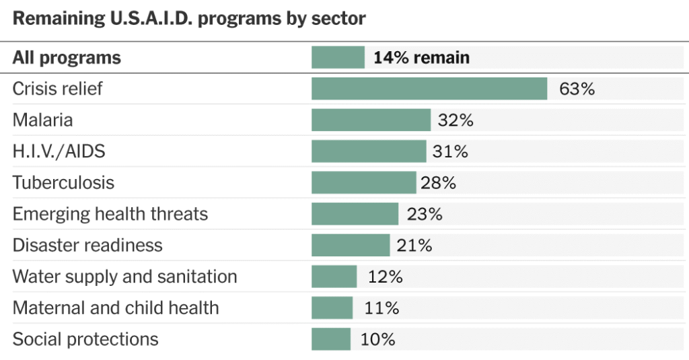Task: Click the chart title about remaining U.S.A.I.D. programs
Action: [189, 18]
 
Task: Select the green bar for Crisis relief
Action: [429, 89]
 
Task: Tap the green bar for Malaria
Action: [371, 120]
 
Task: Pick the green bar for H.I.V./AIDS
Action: [369, 151]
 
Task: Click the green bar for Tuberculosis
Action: [363, 183]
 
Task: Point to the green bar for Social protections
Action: [331, 339]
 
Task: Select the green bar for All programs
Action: [338, 58]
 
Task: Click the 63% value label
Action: [577, 89]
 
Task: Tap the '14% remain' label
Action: [421, 58]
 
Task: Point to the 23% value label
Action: [425, 214]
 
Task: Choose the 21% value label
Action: [414, 246]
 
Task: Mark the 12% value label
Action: [385, 277]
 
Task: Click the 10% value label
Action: [377, 339]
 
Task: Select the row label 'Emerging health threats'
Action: [110, 214]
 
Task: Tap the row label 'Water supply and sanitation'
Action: [125, 277]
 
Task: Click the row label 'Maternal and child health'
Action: [116, 308]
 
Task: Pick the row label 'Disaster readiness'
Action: [87, 246]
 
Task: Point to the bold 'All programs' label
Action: [67, 58]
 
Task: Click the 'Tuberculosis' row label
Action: [63, 183]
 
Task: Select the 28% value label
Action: [439, 183]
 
